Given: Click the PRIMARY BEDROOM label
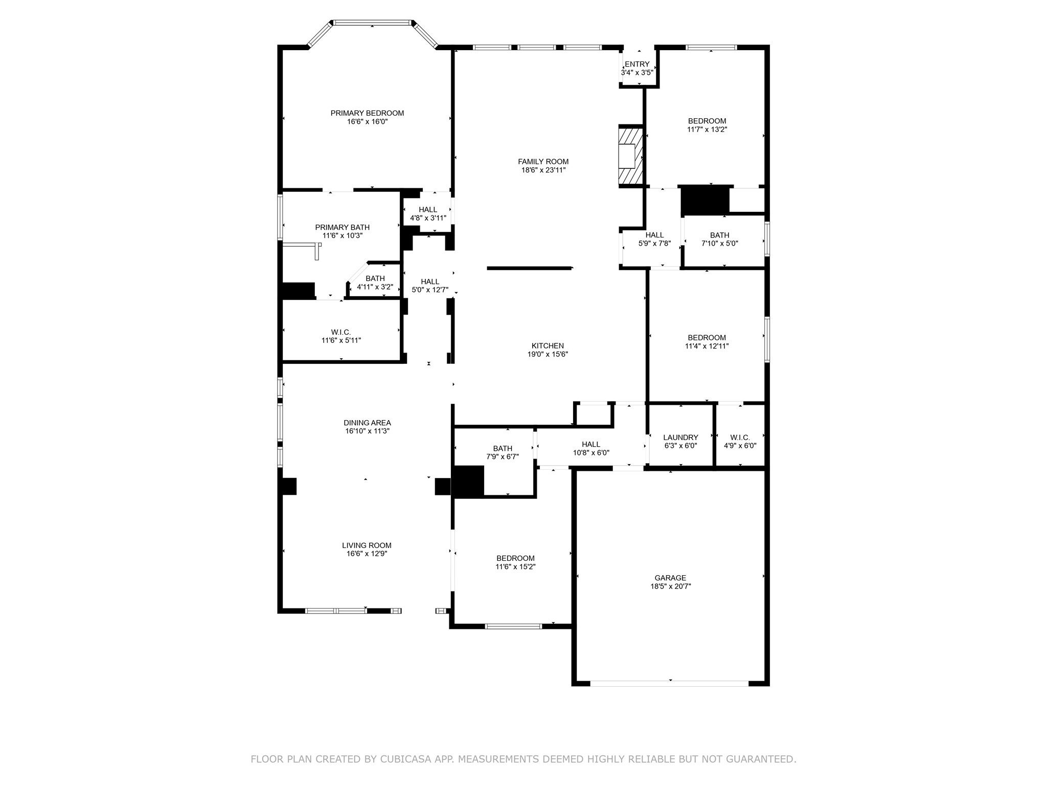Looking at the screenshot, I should tap(367, 113).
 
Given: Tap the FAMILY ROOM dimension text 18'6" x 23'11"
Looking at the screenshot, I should tap(543, 170).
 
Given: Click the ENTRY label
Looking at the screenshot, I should tap(637, 64).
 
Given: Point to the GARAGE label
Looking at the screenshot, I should tap(670, 578).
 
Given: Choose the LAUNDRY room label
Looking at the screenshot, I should tap(680, 438).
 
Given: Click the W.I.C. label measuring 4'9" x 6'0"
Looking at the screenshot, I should tap(740, 438).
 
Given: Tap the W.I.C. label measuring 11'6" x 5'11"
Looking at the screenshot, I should tap(341, 333).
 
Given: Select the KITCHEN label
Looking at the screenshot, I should tap(548, 346).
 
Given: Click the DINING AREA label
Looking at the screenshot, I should tap(367, 423).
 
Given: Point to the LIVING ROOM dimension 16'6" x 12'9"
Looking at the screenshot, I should tap(367, 554).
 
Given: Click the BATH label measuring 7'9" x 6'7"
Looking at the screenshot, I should tap(503, 449).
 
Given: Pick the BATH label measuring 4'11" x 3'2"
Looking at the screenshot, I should tap(375, 279).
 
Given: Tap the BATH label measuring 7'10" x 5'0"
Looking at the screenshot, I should tap(719, 235).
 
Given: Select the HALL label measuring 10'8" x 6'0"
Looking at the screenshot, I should tap(591, 445).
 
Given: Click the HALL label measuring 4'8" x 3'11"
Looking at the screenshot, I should tap(428, 210).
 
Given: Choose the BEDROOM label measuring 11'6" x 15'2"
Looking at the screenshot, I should tap(515, 558).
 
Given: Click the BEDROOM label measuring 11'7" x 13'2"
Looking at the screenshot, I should tap(707, 121).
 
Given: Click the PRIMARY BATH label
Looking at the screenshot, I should tap(342, 228).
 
